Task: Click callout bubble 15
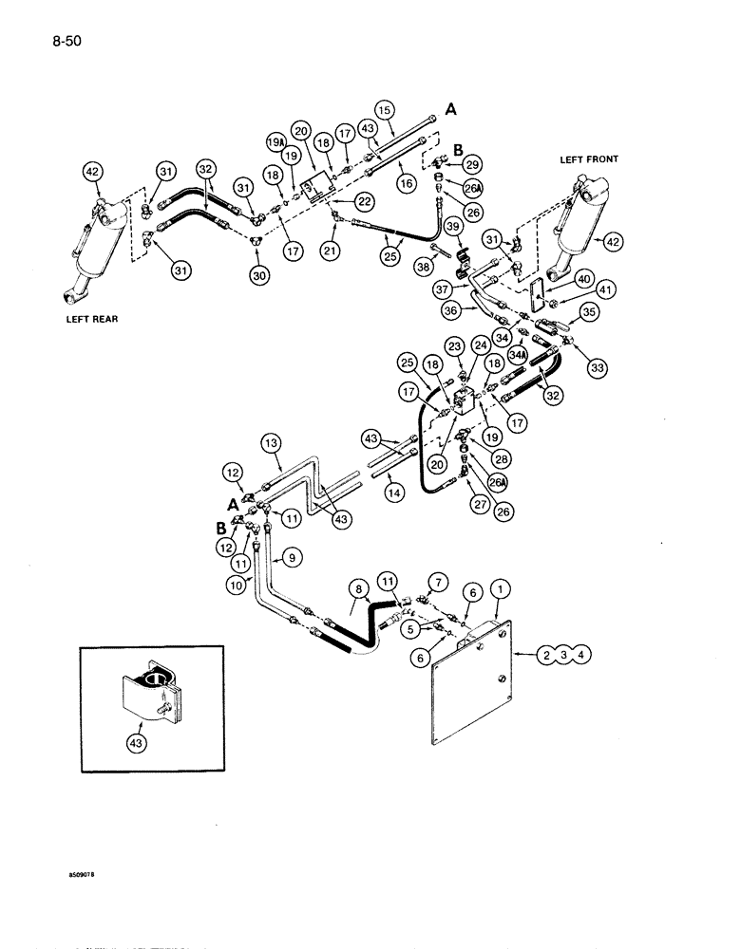click(383, 108)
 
